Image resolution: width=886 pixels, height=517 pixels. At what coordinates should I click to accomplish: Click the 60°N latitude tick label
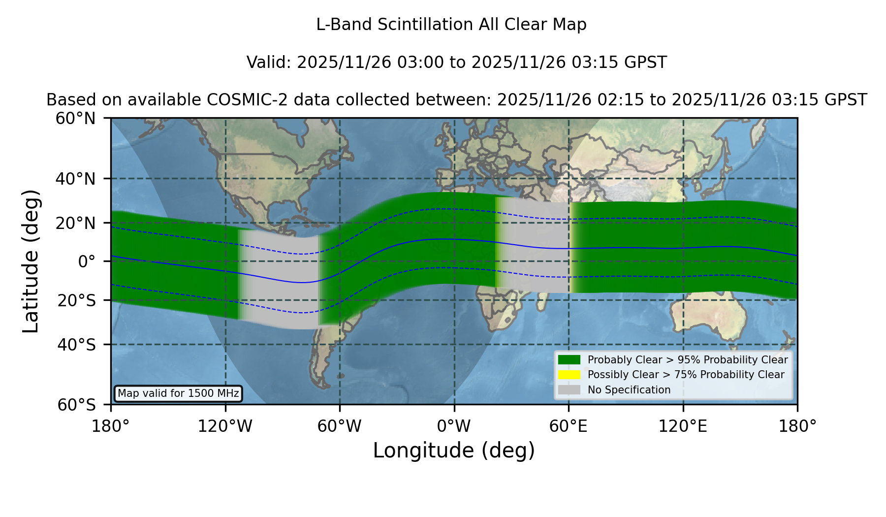75,119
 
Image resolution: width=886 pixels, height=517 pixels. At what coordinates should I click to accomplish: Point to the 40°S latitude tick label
76,345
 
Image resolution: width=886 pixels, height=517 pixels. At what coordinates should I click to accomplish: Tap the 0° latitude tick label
87,261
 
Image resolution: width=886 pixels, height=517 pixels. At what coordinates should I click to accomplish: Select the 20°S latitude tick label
76,300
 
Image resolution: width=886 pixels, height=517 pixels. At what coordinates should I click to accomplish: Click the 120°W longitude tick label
225,426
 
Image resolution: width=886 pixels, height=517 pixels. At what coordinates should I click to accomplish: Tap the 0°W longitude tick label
454,426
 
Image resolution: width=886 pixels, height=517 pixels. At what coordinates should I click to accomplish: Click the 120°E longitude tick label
683,426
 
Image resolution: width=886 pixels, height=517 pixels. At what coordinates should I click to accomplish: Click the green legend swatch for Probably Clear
569,359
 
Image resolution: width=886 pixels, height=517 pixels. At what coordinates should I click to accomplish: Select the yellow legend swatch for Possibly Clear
569,374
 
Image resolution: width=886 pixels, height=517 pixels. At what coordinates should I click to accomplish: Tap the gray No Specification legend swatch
569,389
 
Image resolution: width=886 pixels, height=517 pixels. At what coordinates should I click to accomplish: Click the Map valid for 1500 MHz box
178,393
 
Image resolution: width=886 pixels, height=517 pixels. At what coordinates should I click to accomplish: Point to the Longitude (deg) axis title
454,451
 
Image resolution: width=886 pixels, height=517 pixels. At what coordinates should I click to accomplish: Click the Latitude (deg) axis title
31,261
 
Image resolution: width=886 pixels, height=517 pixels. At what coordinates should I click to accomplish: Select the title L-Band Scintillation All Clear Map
451,25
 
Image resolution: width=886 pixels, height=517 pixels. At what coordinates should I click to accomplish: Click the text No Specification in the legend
629,390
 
